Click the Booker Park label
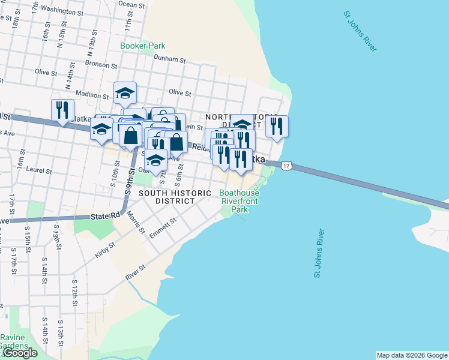(142, 46)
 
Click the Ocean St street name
(131, 4)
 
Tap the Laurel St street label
(40, 170)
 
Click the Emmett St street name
(162, 228)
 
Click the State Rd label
(106, 215)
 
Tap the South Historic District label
(175, 197)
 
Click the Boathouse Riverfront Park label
(239, 202)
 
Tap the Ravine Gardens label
(14, 341)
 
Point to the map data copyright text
(412, 355)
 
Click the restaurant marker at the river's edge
(276, 127)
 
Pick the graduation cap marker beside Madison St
(125, 93)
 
